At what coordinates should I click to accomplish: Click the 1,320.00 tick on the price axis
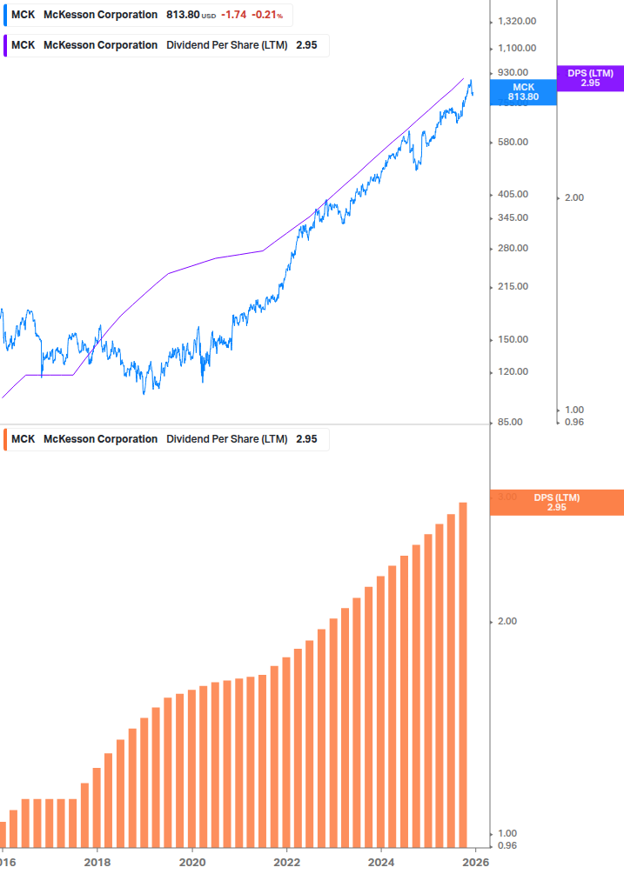(x=516, y=21)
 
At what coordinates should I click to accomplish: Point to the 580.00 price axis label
(x=513, y=142)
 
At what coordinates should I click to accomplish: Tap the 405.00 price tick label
(x=513, y=194)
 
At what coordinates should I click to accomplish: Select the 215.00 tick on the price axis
(x=513, y=286)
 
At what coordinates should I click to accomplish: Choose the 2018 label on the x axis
(x=97, y=863)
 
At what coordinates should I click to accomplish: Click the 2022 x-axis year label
(x=286, y=863)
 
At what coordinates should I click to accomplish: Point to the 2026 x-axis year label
(x=473, y=863)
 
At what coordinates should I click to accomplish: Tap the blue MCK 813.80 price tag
(x=523, y=92)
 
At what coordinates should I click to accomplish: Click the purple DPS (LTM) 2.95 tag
(x=590, y=78)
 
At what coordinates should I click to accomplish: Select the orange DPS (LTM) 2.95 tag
(x=557, y=503)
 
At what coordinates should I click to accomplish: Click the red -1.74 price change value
(x=232, y=15)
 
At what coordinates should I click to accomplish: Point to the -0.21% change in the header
(x=268, y=15)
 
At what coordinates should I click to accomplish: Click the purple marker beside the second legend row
(x=6, y=45)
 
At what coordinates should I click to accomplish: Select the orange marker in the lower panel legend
(x=6, y=439)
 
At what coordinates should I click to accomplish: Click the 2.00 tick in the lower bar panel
(x=506, y=621)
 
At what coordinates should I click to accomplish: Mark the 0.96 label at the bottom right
(x=506, y=845)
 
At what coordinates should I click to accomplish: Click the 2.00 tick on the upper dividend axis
(x=574, y=197)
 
